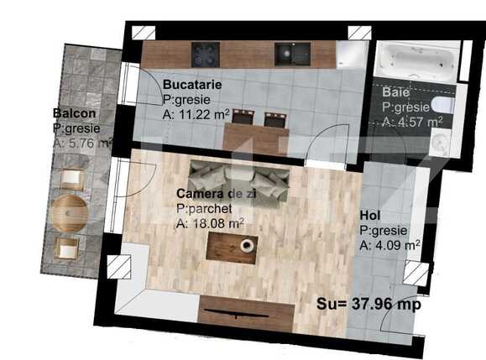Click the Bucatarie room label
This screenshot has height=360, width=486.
[x=192, y=85]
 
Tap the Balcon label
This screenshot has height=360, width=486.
[x=73, y=113]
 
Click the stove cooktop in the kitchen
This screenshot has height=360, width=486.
[x=205, y=54]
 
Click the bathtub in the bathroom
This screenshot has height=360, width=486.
[x=415, y=61]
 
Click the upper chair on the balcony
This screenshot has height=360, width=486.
[x=73, y=179]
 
